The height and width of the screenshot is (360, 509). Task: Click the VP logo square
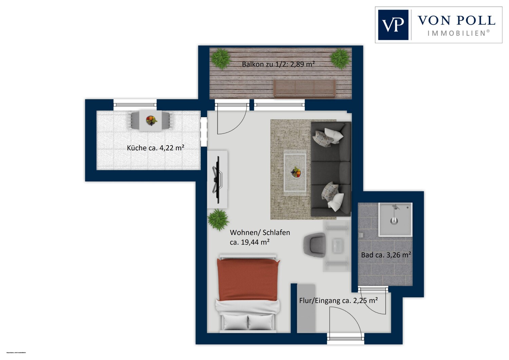pos(393,25)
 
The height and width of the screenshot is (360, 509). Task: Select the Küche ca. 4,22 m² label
pos(155,148)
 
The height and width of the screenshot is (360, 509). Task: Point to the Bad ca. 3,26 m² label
pos(386,255)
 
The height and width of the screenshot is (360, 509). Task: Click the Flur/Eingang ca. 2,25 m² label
pos(338,301)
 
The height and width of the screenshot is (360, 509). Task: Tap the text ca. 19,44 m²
pos(249,242)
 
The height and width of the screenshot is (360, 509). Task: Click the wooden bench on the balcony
pos(304,88)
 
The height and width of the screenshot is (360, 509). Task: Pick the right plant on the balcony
pos(340,58)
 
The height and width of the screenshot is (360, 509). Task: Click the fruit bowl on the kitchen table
pos(151,120)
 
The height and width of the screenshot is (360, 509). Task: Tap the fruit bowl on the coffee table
pos(296,172)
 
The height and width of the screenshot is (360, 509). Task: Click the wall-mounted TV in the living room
pos(216,176)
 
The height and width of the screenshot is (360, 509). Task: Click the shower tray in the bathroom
pos(395,219)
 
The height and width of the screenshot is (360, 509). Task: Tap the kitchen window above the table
pos(135,105)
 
